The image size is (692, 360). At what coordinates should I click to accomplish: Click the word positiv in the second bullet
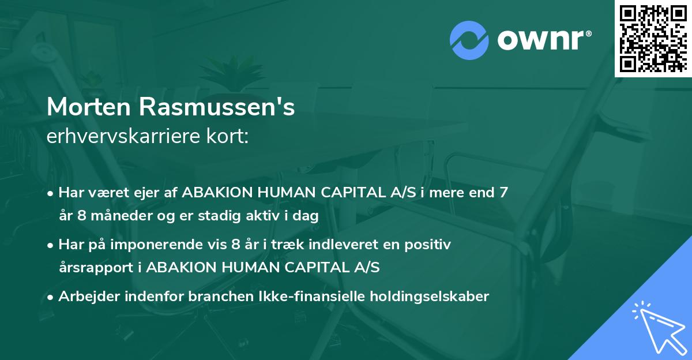point(429,245)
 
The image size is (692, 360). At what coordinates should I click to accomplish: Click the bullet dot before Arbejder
point(51,298)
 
